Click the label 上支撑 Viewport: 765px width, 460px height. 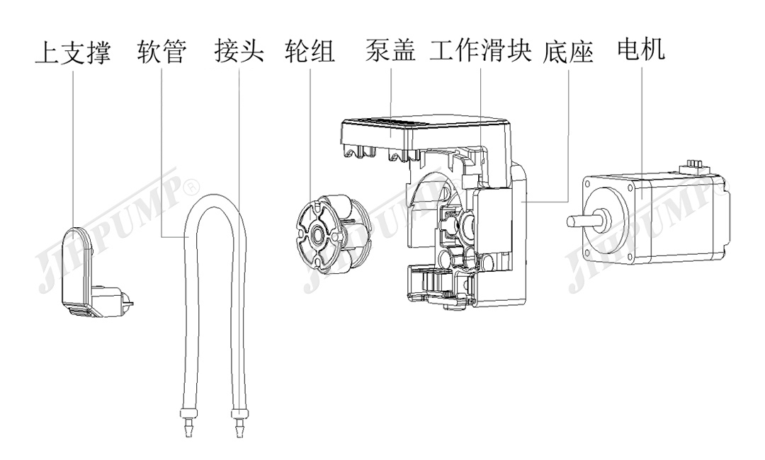[72, 53]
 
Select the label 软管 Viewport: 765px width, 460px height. [162, 53]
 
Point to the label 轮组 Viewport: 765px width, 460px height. [310, 53]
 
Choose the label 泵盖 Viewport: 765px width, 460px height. [391, 52]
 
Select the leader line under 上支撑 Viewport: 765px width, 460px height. [73, 142]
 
